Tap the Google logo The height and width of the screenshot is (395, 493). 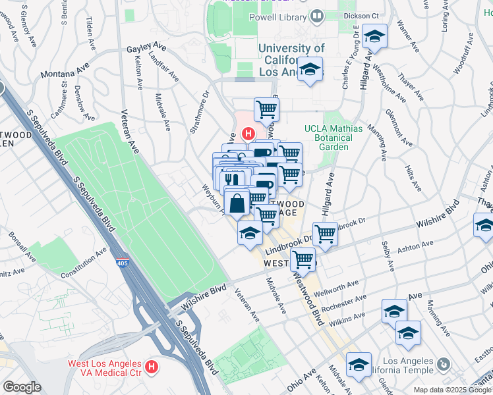(22, 387)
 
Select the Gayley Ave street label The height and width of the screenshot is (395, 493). (146, 48)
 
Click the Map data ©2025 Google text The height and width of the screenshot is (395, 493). (451, 390)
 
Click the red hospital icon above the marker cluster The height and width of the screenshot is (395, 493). (248, 134)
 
